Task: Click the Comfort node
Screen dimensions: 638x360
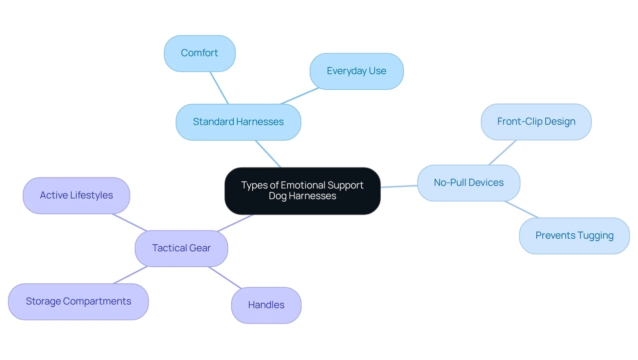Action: click(x=200, y=53)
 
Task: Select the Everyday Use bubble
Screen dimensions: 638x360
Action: click(x=356, y=71)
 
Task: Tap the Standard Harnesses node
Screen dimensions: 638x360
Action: click(x=238, y=122)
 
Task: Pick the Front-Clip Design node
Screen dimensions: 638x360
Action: click(x=536, y=122)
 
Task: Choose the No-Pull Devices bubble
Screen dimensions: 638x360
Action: click(x=469, y=183)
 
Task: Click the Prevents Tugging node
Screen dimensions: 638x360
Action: click(x=575, y=236)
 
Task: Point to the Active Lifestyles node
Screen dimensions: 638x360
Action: click(x=76, y=195)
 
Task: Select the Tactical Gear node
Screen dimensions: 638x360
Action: click(x=181, y=248)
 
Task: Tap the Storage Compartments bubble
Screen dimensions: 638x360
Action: click(x=78, y=302)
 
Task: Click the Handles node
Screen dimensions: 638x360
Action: click(x=266, y=305)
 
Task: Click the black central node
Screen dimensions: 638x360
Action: click(x=303, y=191)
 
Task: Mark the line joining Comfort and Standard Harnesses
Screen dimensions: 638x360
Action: click(x=219, y=88)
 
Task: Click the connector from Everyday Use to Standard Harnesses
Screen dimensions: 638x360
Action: click(x=300, y=96)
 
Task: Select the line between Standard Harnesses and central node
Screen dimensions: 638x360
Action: click(x=268, y=154)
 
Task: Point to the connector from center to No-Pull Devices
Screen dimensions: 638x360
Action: click(x=399, y=186)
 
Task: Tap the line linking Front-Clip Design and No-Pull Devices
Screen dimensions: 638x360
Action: click(x=502, y=153)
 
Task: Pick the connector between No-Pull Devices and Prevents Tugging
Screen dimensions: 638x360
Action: click(x=521, y=209)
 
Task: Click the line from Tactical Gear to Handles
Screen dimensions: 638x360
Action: click(x=225, y=278)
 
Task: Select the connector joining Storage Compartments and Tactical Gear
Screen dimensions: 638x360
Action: click(x=131, y=275)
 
